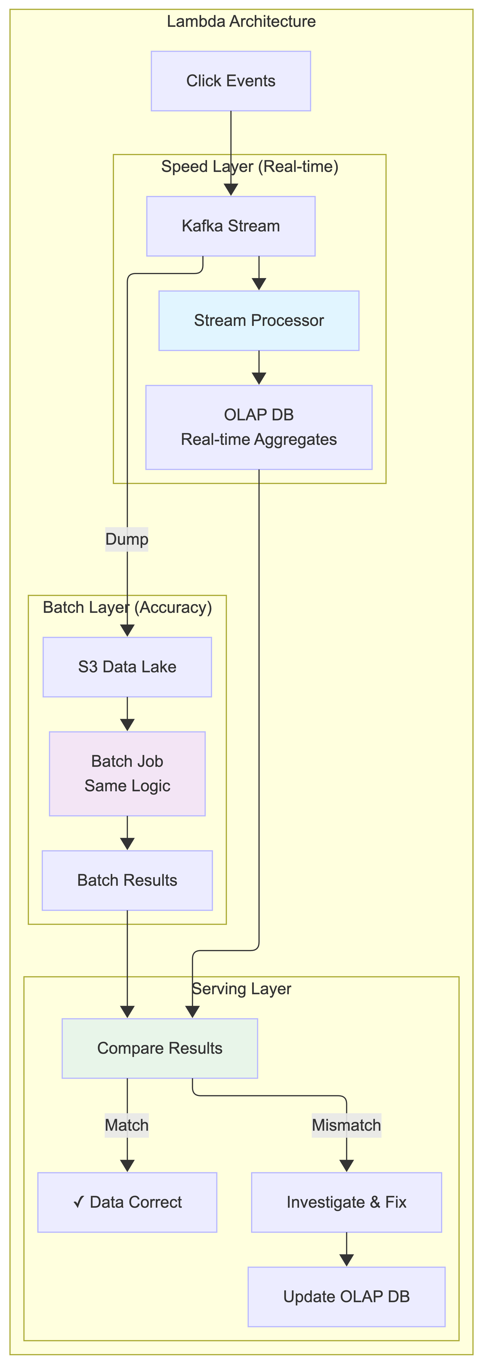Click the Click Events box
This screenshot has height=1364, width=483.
pos(231,81)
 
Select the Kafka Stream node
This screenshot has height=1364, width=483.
pos(231,226)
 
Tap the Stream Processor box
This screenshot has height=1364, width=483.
pos(259,320)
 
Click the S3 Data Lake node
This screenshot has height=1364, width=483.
pos(127,667)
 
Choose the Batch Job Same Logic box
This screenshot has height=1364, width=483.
pos(127,774)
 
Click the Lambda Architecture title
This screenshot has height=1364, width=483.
pos(241,22)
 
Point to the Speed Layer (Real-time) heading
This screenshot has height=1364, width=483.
pos(250,167)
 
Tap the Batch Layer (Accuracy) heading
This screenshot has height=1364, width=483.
pos(127,607)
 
